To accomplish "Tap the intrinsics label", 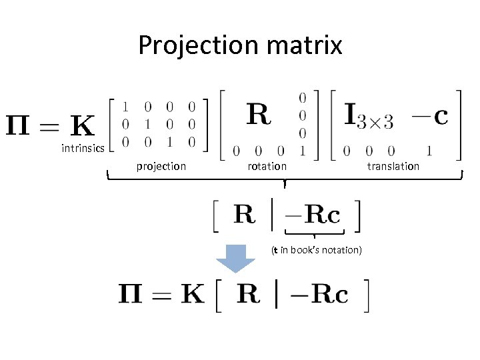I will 83,148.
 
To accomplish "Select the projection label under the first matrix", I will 161,166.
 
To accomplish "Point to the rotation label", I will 267,166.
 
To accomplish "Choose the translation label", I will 393,166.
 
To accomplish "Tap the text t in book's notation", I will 316,250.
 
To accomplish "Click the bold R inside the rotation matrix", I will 259,115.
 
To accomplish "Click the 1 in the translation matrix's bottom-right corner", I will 430,151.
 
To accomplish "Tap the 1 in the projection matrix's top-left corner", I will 125,105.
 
